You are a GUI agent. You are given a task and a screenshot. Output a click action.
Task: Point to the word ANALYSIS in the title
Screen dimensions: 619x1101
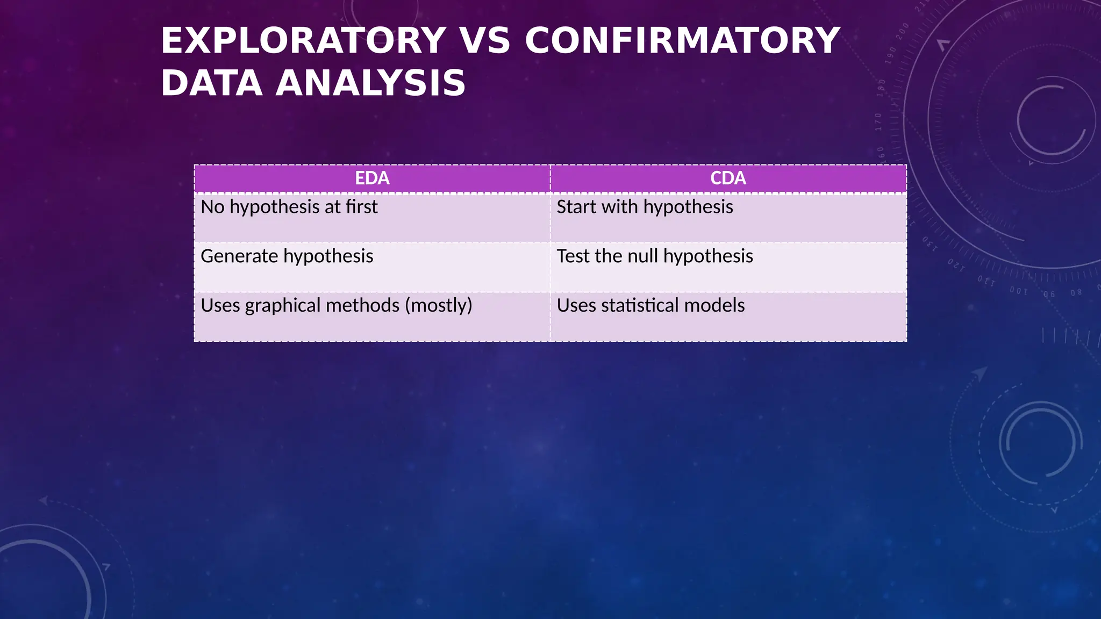coord(370,83)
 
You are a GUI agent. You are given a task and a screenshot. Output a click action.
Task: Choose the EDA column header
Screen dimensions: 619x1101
coord(372,178)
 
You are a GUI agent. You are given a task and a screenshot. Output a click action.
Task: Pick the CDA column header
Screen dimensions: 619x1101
coord(728,178)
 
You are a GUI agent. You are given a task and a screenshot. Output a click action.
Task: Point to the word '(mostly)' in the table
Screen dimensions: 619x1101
coord(439,306)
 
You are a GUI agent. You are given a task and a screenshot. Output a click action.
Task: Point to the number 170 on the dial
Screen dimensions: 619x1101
coord(878,122)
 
